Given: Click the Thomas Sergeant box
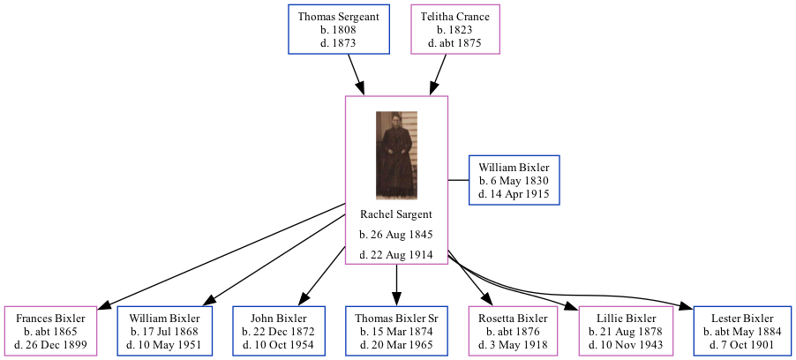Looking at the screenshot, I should (339, 29).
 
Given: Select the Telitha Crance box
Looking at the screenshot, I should (454, 29).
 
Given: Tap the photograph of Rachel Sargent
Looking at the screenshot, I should (396, 155).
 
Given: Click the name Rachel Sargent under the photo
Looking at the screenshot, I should (396, 214).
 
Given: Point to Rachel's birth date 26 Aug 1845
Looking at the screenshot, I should (396, 235).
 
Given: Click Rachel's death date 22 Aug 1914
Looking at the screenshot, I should (396, 255).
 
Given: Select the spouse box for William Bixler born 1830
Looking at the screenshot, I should (514, 180).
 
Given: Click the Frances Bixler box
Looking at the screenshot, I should (50, 331).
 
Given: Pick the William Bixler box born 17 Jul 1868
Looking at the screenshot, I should (165, 331).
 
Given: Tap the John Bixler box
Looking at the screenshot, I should (279, 331).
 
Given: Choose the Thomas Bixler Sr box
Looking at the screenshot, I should (396, 331).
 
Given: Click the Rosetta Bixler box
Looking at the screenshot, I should (513, 331).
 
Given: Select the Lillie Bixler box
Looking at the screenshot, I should (627, 331).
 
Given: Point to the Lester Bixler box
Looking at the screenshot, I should (742, 331).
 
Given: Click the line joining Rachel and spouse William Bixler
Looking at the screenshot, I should (458, 180).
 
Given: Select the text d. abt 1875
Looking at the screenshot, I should (454, 42).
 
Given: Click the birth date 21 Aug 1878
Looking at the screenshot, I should (627, 331).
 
